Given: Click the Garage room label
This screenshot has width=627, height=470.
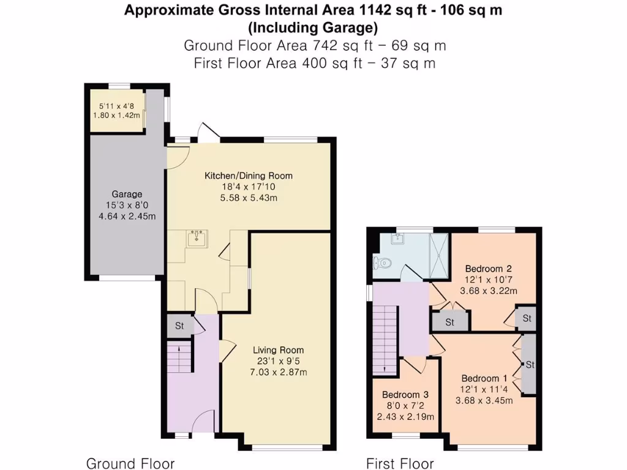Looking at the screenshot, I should click(x=127, y=195).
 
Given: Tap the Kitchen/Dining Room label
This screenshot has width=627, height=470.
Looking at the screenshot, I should click(x=249, y=176).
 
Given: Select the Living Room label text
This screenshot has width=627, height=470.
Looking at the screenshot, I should click(x=279, y=350).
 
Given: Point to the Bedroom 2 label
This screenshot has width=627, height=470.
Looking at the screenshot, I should click(x=488, y=268).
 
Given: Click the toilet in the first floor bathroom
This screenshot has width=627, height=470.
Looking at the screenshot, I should click(x=381, y=264).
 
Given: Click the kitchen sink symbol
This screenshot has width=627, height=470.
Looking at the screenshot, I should click(x=197, y=237).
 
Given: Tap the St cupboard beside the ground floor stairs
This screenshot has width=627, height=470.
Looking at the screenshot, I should click(x=179, y=326).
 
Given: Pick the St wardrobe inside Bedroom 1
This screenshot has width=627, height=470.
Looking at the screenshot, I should click(x=530, y=365).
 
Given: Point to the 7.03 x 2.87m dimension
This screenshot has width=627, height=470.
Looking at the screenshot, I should click(x=279, y=372).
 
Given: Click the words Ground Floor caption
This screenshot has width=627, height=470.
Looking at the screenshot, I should click(x=130, y=463).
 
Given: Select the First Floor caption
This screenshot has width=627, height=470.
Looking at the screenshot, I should click(x=400, y=463).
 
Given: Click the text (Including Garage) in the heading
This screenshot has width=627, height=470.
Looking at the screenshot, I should click(x=313, y=28).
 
